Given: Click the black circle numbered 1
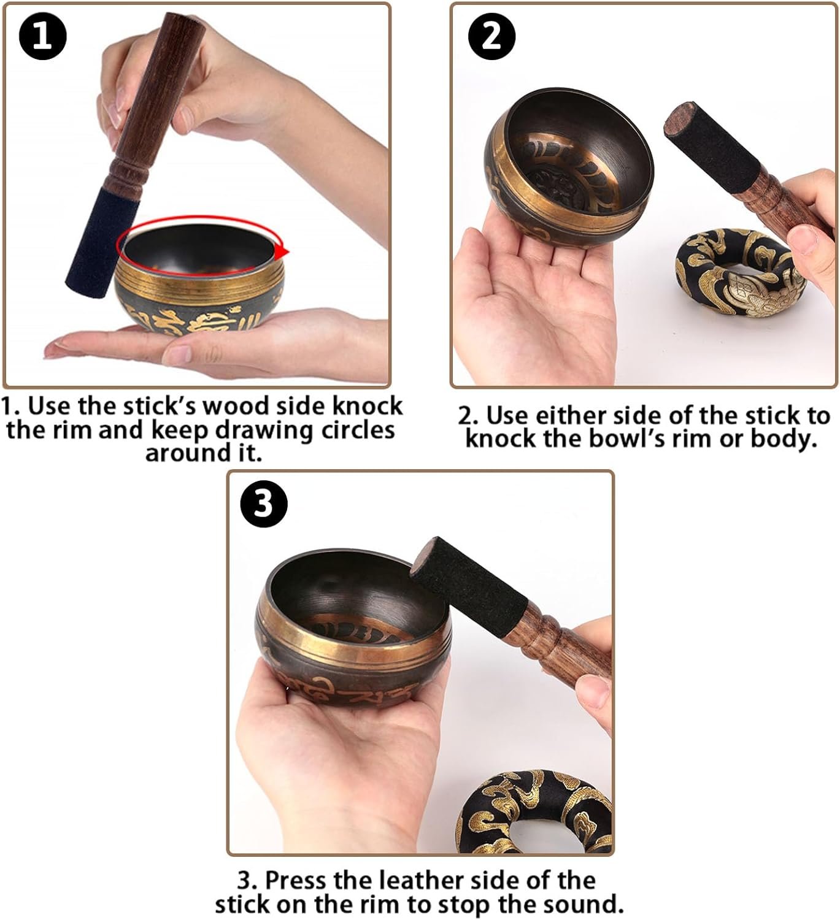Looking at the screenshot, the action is pos(43,36).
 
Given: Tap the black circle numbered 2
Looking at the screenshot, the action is pos(491,36).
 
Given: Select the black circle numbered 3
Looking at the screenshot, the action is pos(264,504).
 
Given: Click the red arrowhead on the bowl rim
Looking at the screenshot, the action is pos(284,251).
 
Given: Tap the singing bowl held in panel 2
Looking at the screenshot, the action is pos(568,167).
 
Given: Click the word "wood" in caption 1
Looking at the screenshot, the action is pos(236,407).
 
